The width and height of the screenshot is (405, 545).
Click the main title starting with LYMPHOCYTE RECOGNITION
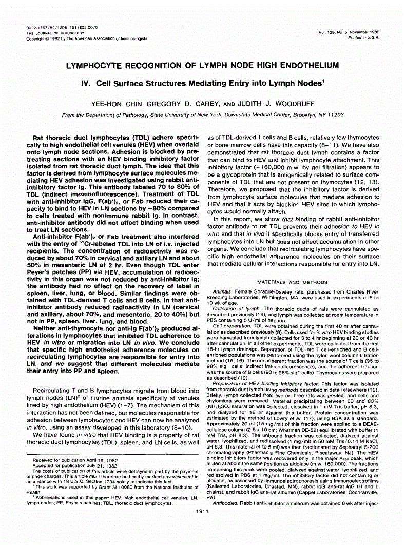(202, 65)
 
